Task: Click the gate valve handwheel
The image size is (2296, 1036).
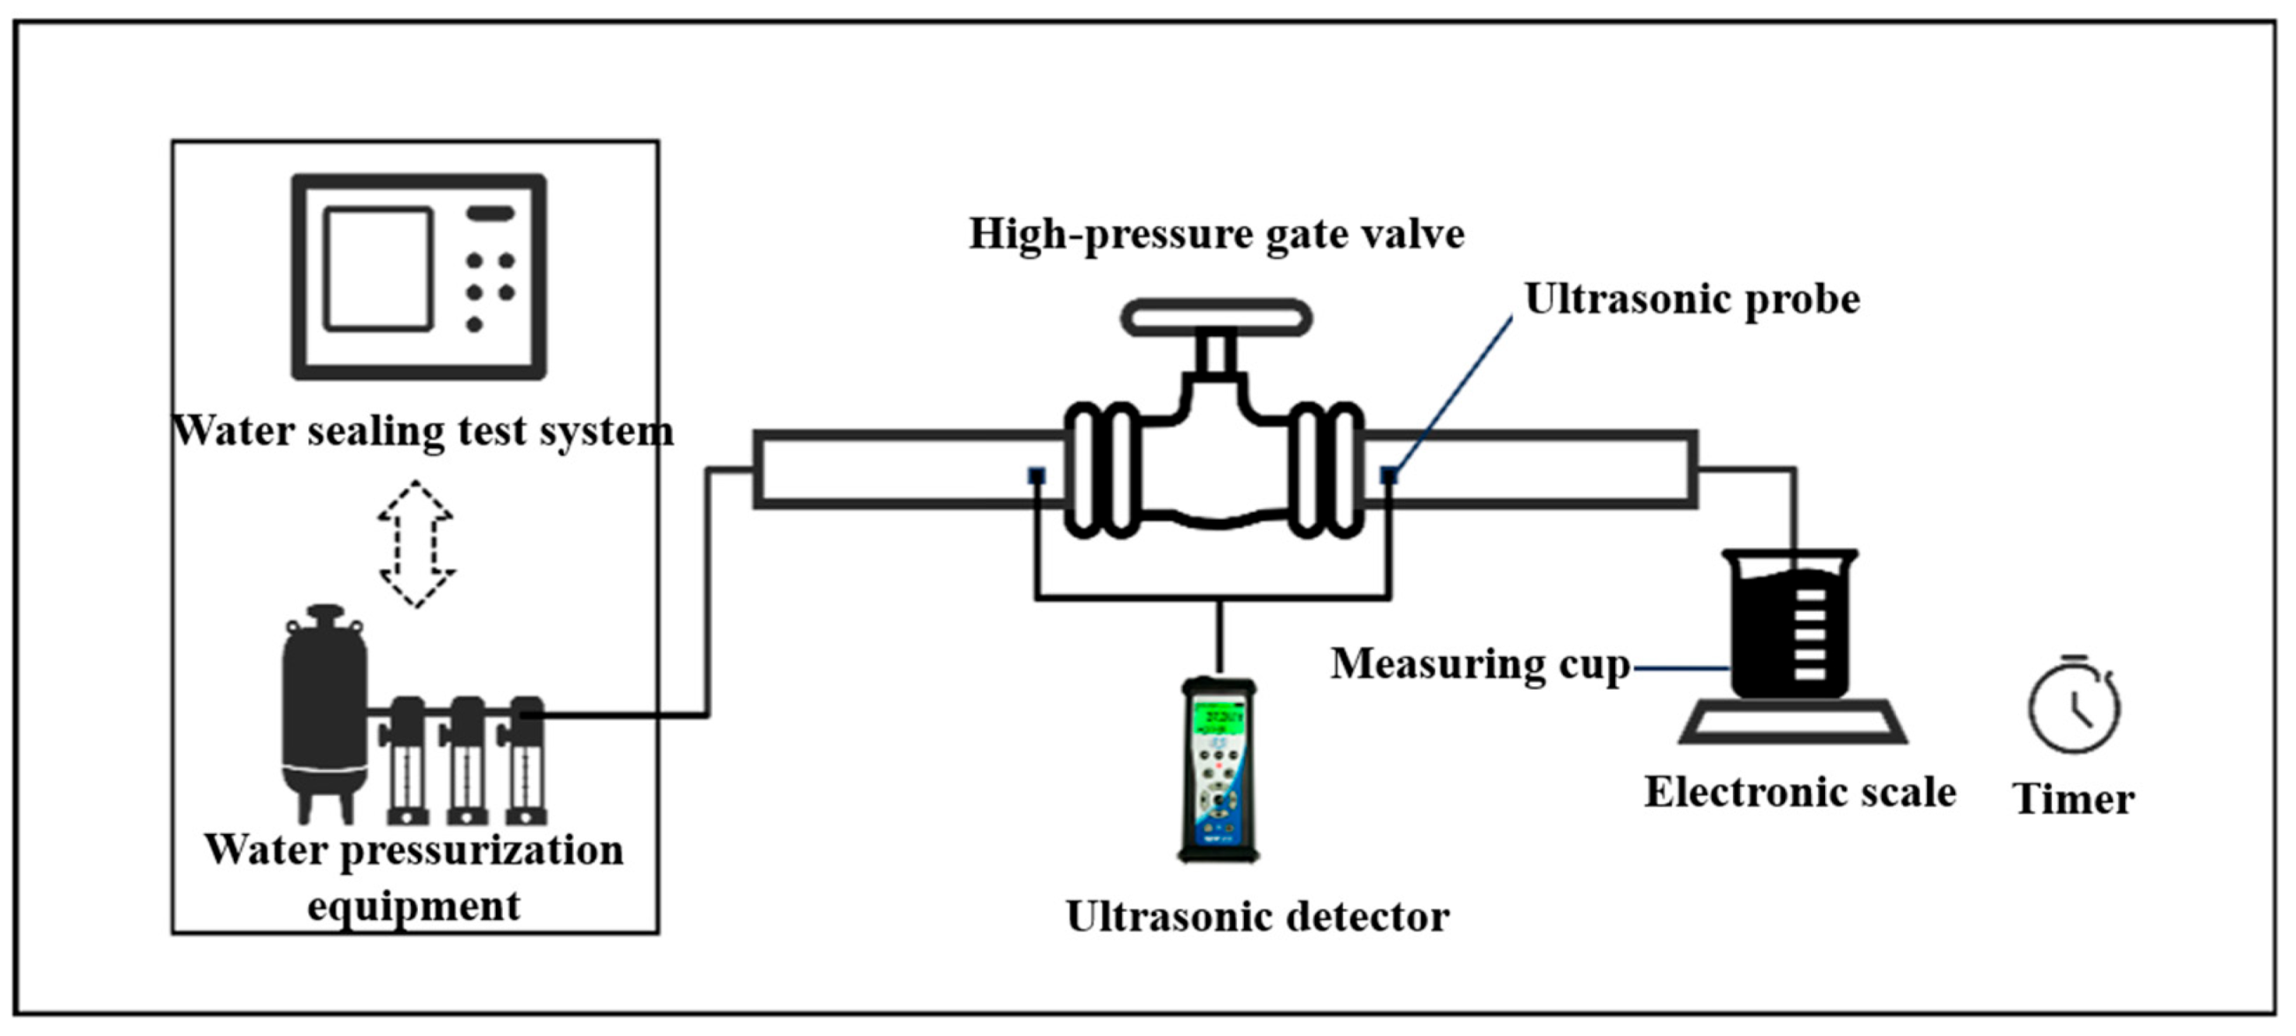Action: point(1216,317)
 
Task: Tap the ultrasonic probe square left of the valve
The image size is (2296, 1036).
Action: point(1036,475)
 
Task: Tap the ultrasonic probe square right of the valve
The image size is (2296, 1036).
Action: point(1388,475)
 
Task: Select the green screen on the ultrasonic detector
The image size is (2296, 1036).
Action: point(1218,717)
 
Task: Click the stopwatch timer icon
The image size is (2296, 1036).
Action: point(2074,707)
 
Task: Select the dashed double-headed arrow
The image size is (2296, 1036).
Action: point(416,544)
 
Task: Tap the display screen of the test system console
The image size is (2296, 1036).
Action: point(379,269)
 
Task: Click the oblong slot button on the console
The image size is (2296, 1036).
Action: point(491,213)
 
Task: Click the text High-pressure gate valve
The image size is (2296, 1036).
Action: point(1217,235)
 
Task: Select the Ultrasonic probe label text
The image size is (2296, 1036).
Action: point(1692,298)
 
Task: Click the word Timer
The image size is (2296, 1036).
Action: point(2073,798)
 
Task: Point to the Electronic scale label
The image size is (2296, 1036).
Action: point(1799,792)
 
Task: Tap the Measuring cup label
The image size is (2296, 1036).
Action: point(1480,664)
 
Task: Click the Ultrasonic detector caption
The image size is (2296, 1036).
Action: point(1257,916)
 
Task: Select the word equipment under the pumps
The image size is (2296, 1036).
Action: point(414,907)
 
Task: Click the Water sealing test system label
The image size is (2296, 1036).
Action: point(422,431)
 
